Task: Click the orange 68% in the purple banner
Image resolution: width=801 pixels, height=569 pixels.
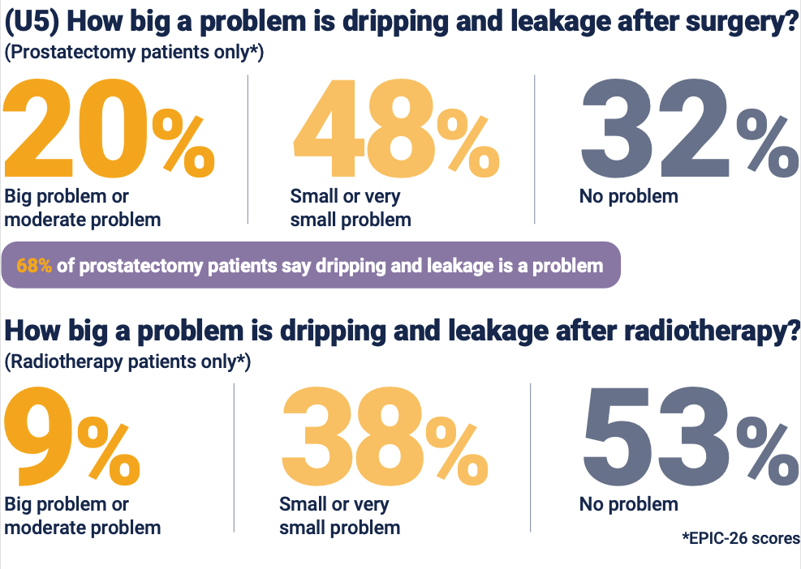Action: tap(34, 266)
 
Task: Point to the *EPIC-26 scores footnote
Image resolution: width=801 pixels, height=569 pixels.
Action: tap(741, 538)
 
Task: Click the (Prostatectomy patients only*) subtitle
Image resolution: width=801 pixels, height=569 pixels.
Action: tap(135, 53)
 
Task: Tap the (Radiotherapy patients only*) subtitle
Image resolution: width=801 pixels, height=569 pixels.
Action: tap(127, 362)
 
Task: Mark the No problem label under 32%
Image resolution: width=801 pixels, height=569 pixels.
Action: tap(628, 196)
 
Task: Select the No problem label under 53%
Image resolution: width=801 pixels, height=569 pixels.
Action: tap(628, 504)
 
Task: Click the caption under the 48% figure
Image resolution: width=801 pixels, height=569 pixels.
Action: tap(350, 208)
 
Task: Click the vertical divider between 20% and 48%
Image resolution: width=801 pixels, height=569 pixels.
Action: tap(248, 149)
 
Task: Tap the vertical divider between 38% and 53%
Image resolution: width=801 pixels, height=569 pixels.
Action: tap(530, 458)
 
